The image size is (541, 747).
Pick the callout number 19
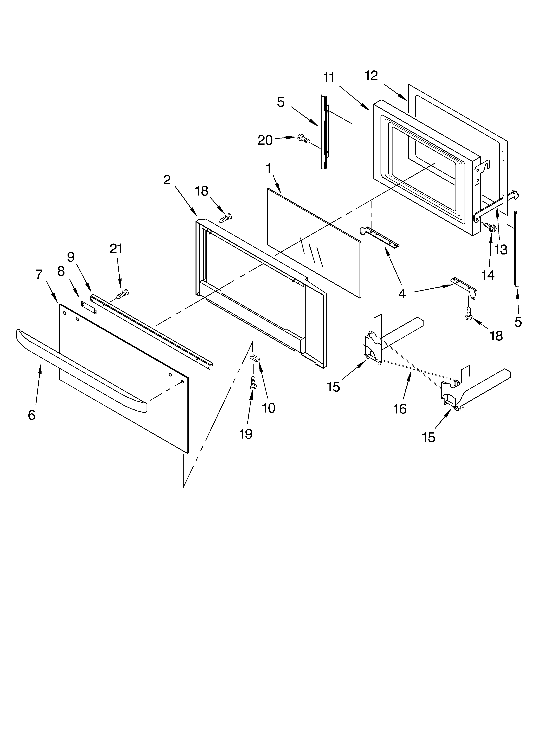(246, 434)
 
